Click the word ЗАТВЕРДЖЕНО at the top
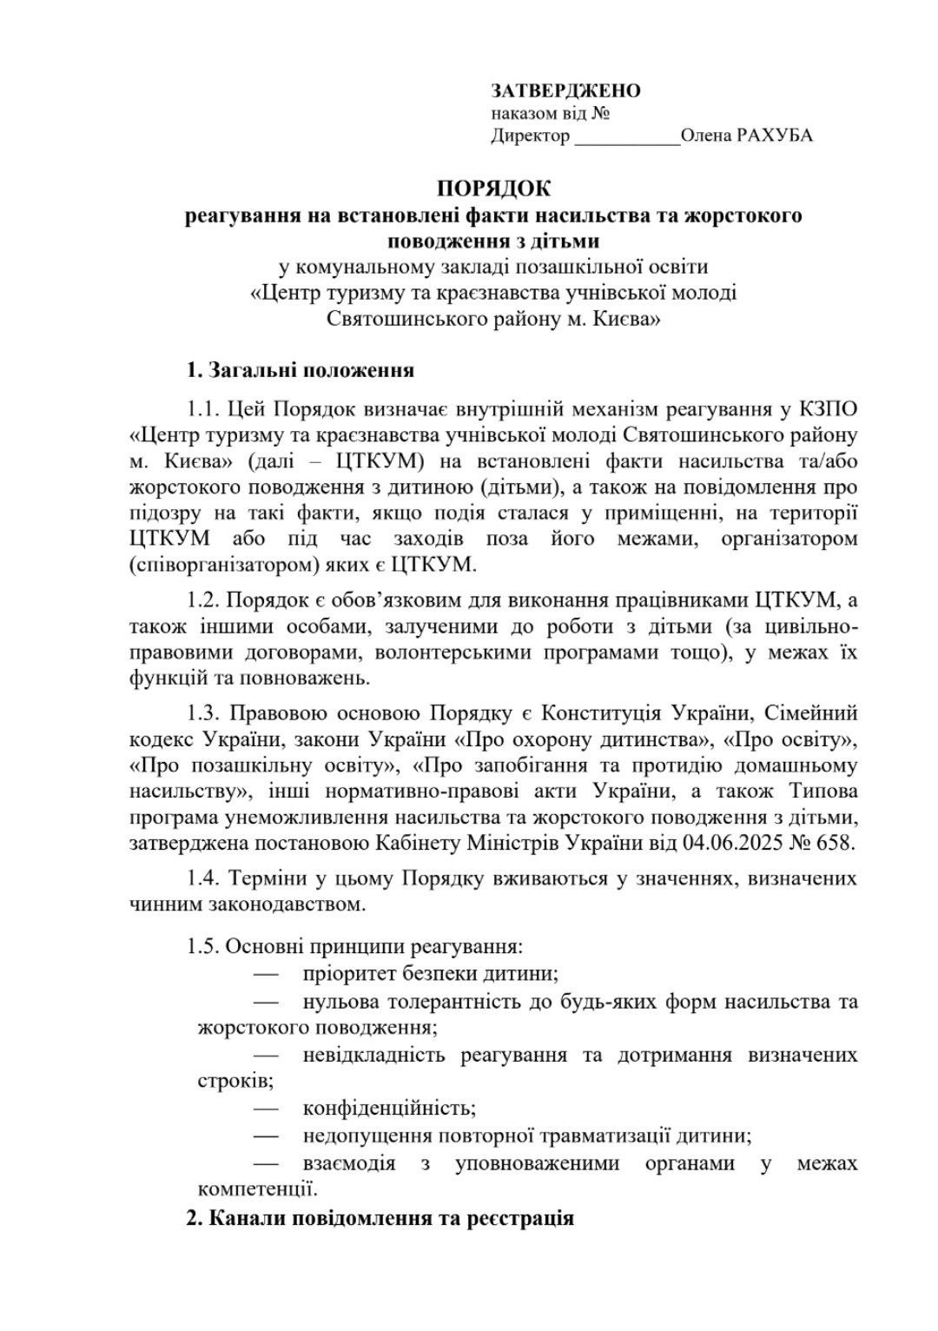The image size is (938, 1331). (565, 91)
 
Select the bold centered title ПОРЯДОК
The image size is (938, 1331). (493, 188)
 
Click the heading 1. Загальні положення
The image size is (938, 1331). (300, 370)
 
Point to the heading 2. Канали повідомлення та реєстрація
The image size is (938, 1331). (380, 1217)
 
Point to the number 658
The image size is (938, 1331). (837, 842)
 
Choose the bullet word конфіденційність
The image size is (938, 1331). (389, 1109)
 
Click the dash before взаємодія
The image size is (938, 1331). (267, 1162)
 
